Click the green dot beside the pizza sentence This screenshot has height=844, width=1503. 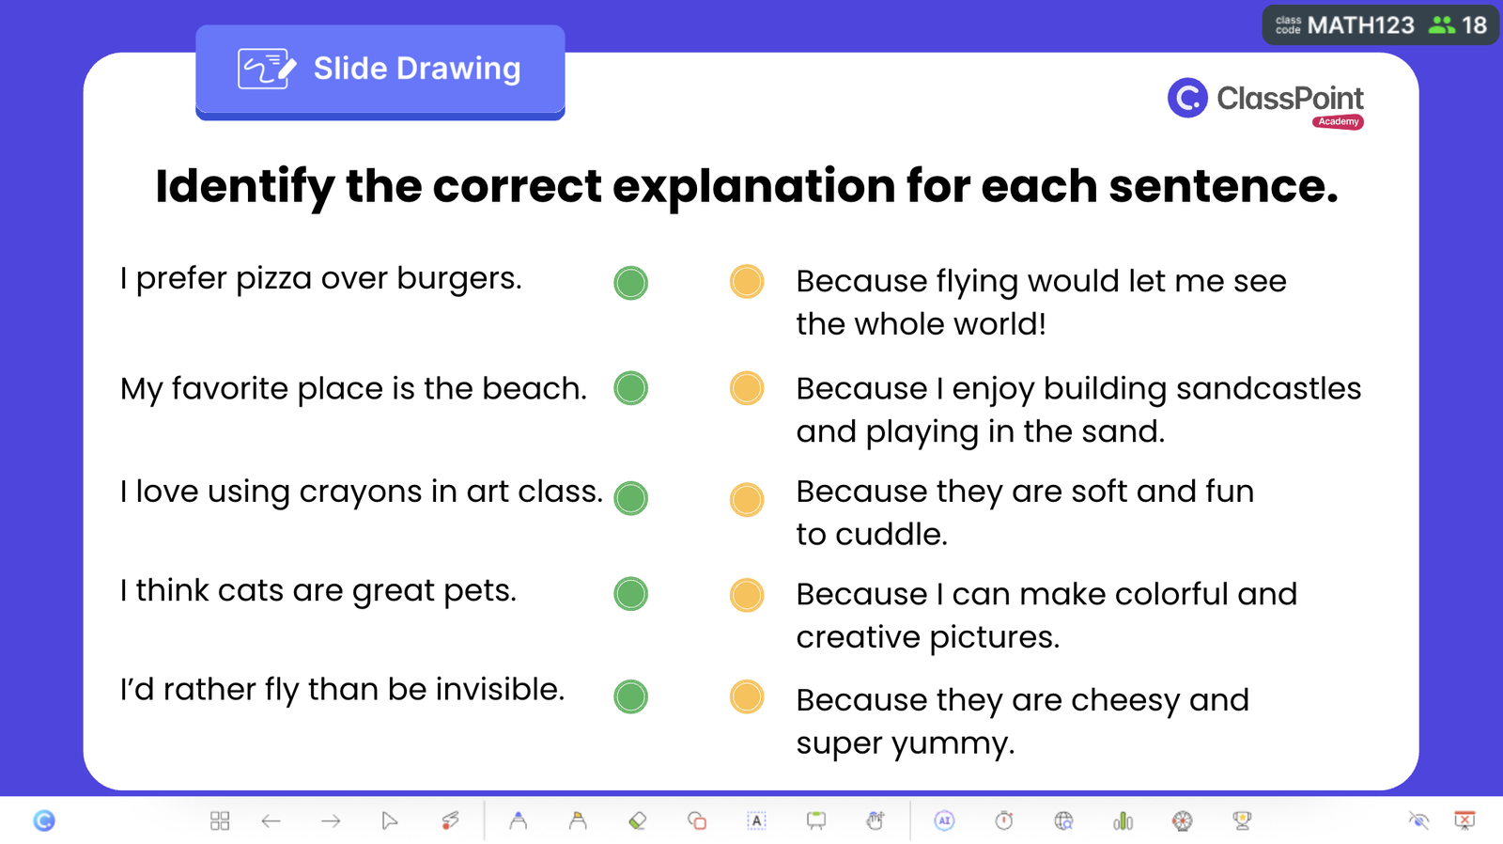[x=630, y=283]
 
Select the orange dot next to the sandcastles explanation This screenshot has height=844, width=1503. [x=747, y=388]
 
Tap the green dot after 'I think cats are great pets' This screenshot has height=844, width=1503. [x=630, y=594]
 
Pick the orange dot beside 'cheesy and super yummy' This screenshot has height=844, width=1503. [x=747, y=696]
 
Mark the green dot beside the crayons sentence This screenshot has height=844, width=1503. [x=630, y=498]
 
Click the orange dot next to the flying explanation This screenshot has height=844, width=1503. [x=747, y=281]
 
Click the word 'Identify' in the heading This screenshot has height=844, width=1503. [x=244, y=187]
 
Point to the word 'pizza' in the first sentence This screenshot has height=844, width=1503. [x=273, y=279]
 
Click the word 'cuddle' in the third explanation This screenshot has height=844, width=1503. [x=891, y=535]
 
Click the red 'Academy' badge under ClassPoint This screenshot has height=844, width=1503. [x=1338, y=121]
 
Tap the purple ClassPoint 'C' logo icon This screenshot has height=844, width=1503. [x=1187, y=98]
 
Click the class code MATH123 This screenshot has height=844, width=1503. [x=1361, y=25]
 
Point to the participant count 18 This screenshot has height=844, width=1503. [x=1475, y=25]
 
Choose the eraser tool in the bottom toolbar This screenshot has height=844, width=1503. [x=638, y=821]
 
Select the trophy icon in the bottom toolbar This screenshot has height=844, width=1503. [x=1242, y=821]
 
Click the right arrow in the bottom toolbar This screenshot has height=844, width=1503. [x=330, y=821]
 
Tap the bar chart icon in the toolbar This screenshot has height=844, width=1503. [x=1123, y=821]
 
